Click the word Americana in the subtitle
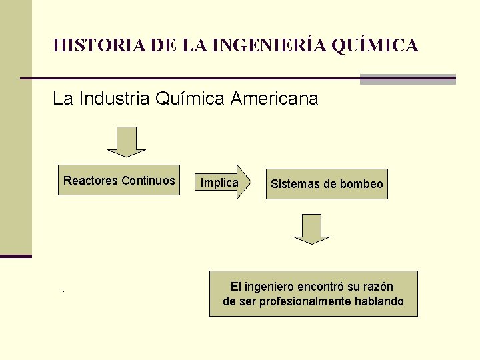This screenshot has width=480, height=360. pos(275,99)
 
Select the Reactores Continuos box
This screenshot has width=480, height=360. pos(119,180)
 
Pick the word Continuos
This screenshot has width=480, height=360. pos(148,180)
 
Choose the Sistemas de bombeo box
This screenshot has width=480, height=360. pos(327,184)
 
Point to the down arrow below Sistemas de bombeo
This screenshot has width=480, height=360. pos(311,228)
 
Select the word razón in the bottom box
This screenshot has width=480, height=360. pos(377,287)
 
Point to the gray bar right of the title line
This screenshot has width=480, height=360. pos(407,79)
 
